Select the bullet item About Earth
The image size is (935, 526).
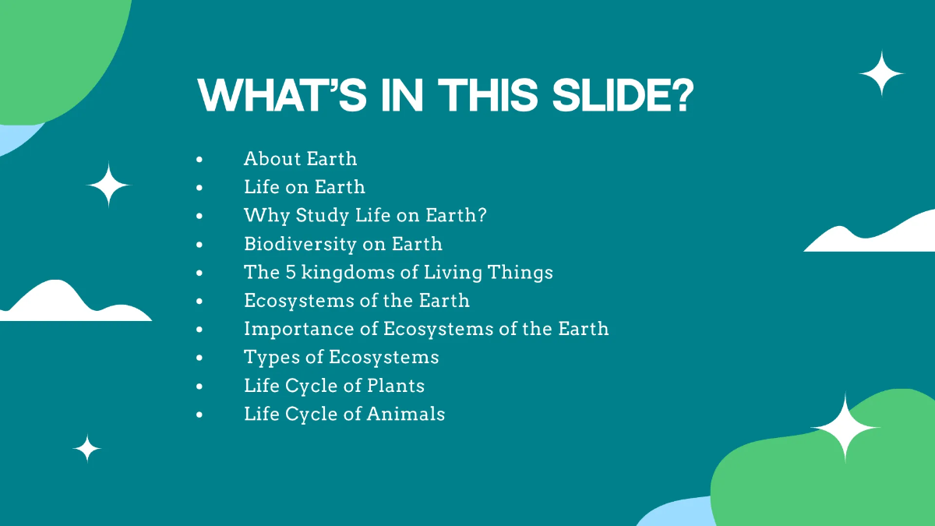tap(300, 159)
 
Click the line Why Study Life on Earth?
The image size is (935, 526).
tap(365, 215)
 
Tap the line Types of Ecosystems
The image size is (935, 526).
tap(341, 358)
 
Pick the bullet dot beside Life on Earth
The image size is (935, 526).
tap(200, 188)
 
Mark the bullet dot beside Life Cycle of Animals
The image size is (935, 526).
tap(200, 415)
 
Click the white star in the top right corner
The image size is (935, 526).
tap(881, 74)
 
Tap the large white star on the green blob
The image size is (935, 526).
tap(845, 428)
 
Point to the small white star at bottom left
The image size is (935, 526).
tap(87, 449)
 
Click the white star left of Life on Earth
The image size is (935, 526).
tap(109, 185)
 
